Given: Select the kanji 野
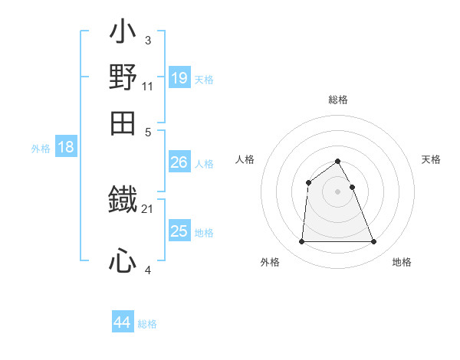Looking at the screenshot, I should pyautogui.click(x=123, y=78).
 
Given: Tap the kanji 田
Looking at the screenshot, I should pyautogui.click(x=123, y=123).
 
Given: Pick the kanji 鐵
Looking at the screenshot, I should pyautogui.click(x=123, y=201).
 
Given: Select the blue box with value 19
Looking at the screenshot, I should pyautogui.click(x=179, y=78).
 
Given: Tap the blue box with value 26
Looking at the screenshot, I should pyautogui.click(x=179, y=162).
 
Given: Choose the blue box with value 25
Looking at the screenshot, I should pyautogui.click(x=179, y=231).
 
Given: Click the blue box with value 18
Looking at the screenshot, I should pyautogui.click(x=65, y=148).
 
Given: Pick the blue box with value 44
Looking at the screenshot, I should pyautogui.click(x=122, y=322).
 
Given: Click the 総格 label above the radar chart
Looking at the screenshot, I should pyautogui.click(x=338, y=100).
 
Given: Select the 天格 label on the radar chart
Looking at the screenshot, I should pyautogui.click(x=432, y=159).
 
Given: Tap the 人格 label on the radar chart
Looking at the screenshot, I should pyautogui.click(x=245, y=159).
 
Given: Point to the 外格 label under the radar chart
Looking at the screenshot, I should pyautogui.click(x=270, y=262).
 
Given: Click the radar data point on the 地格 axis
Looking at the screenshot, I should pyautogui.click(x=374, y=242).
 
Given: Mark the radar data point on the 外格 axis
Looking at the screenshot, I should pyautogui.click(x=301, y=242).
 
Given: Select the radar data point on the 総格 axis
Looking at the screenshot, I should pyautogui.click(x=338, y=161).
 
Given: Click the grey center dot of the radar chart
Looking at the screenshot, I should pyautogui.click(x=338, y=191).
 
